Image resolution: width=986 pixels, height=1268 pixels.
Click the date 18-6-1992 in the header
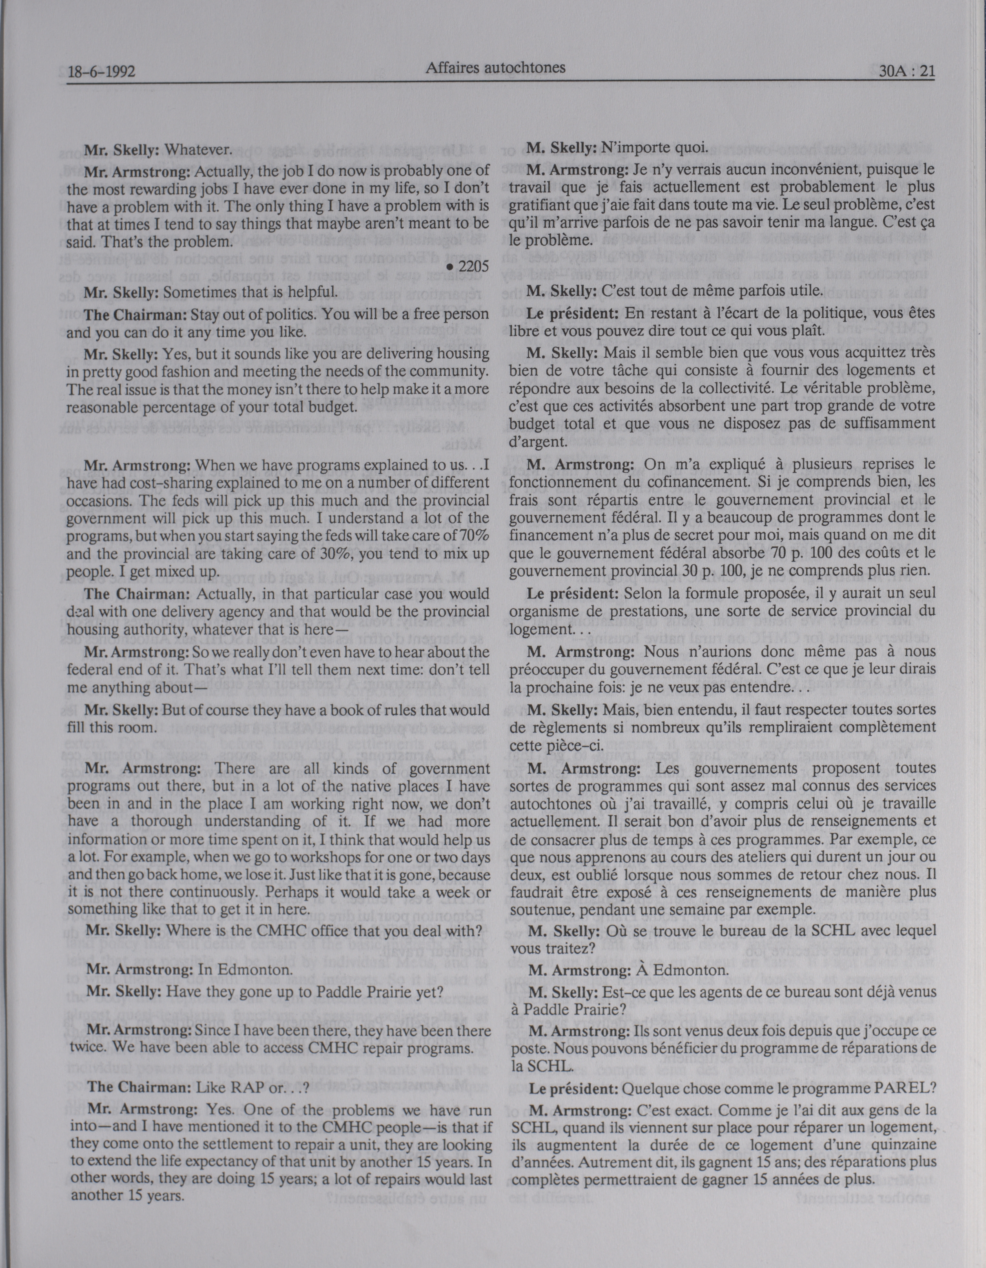(x=101, y=72)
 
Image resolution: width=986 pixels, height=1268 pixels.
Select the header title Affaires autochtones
(x=495, y=68)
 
